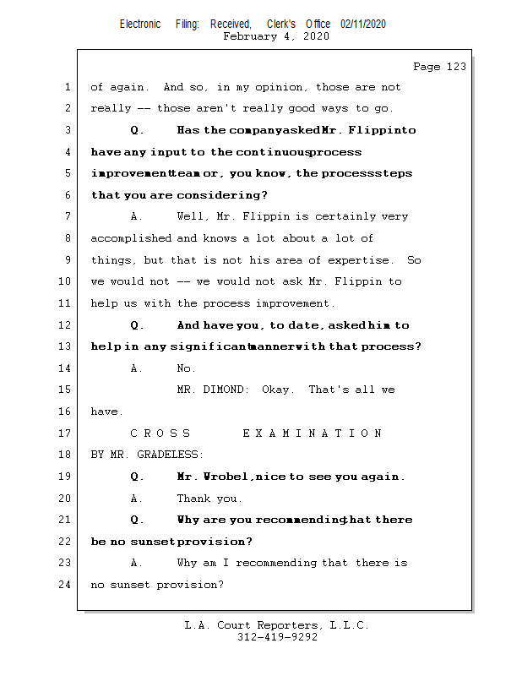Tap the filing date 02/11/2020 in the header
click(363, 25)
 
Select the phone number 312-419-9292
click(277, 637)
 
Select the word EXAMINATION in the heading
click(313, 433)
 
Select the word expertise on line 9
click(362, 259)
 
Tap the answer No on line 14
click(186, 368)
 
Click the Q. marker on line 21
click(138, 520)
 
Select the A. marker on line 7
click(138, 216)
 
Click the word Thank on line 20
click(193, 499)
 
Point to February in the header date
click(250, 36)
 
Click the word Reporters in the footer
click(285, 625)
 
